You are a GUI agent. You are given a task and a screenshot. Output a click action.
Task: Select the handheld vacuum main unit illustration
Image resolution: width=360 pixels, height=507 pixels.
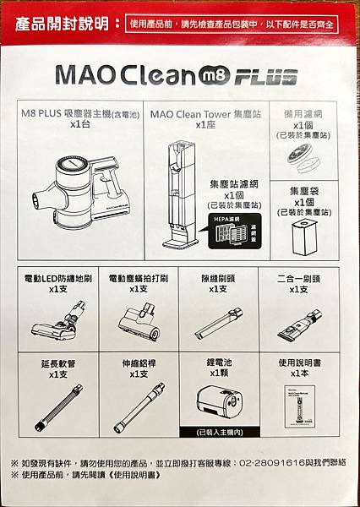point(85,190)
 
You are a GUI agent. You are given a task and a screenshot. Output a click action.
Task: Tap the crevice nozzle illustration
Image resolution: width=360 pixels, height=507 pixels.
point(218,322)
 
